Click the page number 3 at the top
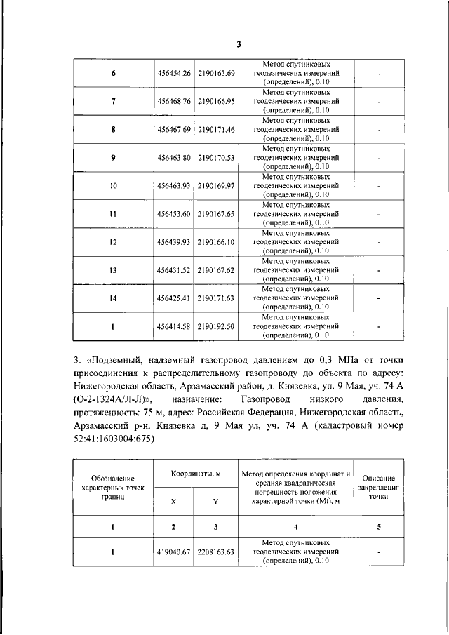coord(238,44)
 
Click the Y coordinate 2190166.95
coord(216,101)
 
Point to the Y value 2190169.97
coord(216,186)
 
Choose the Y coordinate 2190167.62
coord(216,270)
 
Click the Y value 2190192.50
coord(216,326)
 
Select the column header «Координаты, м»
coord(195,474)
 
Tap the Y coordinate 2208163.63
coord(216,552)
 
